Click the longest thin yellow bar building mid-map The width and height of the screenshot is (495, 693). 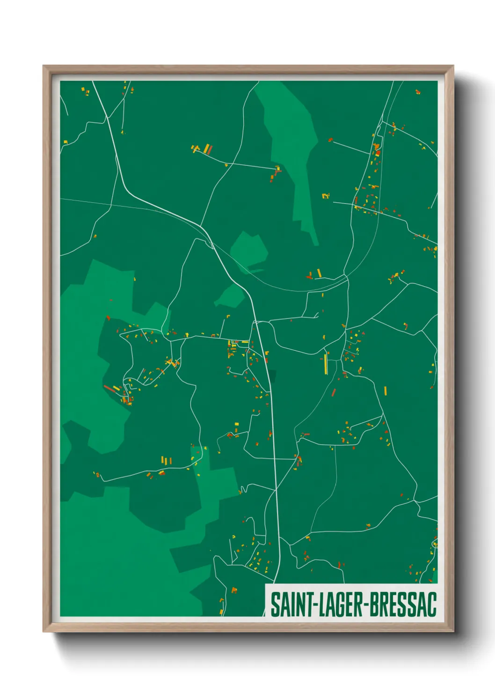(x=326, y=364)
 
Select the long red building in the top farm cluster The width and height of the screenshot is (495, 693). (x=210, y=149)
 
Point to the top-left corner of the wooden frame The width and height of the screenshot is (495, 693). (x=44, y=66)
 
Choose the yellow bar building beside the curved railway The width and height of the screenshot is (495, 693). (x=319, y=273)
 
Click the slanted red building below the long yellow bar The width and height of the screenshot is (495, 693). (x=334, y=392)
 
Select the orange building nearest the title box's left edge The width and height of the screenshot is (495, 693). (x=234, y=590)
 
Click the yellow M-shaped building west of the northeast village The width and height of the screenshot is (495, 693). (x=326, y=195)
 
